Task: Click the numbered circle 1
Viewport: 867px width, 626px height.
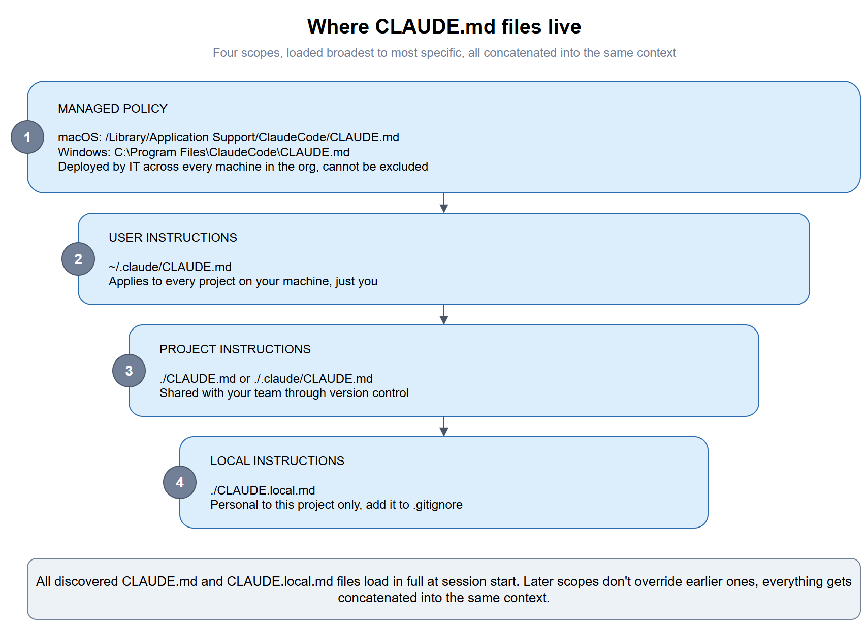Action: click(x=27, y=137)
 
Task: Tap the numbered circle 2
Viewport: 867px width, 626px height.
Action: click(x=78, y=259)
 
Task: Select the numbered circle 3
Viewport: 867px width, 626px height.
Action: click(x=129, y=371)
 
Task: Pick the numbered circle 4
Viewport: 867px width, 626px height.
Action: click(x=180, y=482)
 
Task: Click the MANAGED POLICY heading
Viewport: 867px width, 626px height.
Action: click(x=113, y=109)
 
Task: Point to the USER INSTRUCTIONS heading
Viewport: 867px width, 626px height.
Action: click(x=173, y=238)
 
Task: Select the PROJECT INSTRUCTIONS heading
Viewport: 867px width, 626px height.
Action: click(x=235, y=349)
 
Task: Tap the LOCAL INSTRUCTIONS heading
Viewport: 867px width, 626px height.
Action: click(x=277, y=461)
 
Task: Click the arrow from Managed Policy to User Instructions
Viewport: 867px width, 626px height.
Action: click(x=444, y=203)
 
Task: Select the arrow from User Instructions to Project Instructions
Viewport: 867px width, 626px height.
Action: click(x=444, y=315)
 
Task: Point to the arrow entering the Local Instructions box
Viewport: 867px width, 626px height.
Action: click(x=444, y=427)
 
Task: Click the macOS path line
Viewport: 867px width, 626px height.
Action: click(x=229, y=138)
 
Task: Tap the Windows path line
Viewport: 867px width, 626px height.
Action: click(x=204, y=152)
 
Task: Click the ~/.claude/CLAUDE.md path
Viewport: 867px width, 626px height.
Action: click(x=170, y=267)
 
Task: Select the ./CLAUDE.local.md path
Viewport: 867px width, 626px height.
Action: click(x=263, y=490)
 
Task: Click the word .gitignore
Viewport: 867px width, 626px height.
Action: click(x=438, y=505)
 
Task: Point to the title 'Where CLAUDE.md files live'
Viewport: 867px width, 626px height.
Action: click(x=444, y=27)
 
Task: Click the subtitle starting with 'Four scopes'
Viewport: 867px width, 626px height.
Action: click(x=444, y=53)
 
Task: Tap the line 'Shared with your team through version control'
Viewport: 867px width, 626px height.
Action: click(x=284, y=393)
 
